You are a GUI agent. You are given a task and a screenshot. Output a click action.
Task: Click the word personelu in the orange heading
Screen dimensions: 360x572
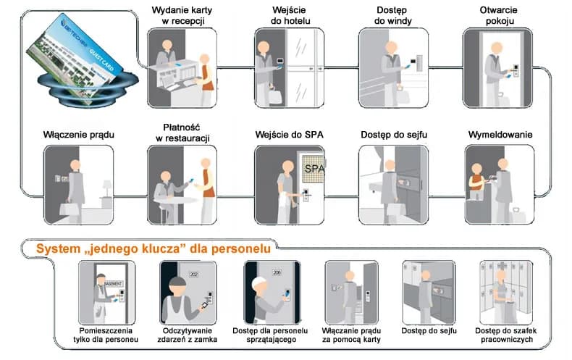[243, 249]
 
